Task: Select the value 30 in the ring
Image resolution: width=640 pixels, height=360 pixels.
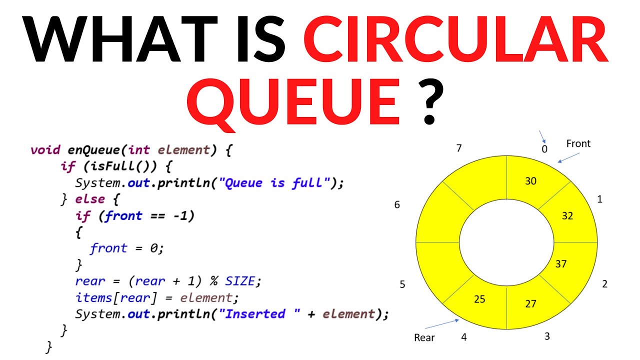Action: click(x=530, y=181)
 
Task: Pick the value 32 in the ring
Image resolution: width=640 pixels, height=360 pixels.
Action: click(x=567, y=216)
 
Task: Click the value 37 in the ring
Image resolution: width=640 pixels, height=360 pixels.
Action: click(x=561, y=263)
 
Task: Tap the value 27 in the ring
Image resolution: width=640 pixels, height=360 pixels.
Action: click(x=530, y=303)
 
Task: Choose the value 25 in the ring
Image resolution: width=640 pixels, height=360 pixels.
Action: click(x=479, y=299)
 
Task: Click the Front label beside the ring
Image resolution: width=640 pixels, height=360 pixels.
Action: click(x=578, y=144)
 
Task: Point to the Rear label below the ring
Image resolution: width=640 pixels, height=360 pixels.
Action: click(x=424, y=337)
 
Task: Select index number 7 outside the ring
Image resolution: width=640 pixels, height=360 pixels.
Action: click(x=458, y=148)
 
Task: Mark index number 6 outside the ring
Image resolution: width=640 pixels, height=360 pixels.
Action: click(x=397, y=204)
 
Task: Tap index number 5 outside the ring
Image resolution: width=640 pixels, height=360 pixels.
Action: click(x=402, y=284)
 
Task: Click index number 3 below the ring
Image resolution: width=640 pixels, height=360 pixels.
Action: click(x=547, y=336)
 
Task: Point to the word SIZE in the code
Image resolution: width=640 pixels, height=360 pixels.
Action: click(x=240, y=281)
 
